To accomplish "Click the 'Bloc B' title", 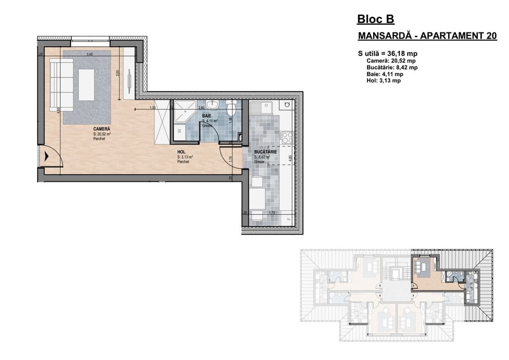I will click(x=375, y=20).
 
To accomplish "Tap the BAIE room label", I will click(x=206, y=116).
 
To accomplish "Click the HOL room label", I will click(x=181, y=152).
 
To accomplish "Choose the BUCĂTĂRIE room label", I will click(x=266, y=153).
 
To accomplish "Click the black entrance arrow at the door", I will click(x=46, y=157).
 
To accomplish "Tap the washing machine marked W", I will click(x=179, y=131).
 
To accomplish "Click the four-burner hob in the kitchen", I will click(x=286, y=138).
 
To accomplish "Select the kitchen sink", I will click(x=266, y=109).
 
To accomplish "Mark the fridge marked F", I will click(x=288, y=218).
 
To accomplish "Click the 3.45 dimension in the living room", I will click(x=89, y=55).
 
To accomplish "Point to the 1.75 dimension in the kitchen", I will click(x=272, y=212).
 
